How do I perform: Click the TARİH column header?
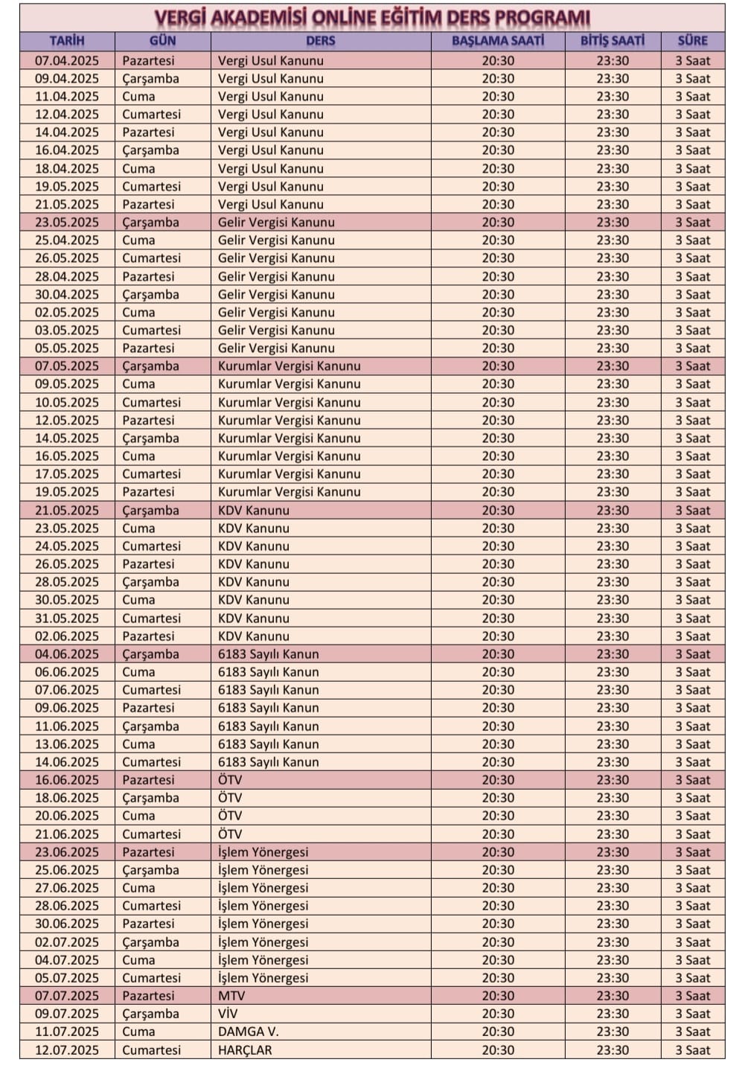[x=67, y=41]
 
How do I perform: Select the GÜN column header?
[x=162, y=41]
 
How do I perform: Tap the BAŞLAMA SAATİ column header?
[x=497, y=41]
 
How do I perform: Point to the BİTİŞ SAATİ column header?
[x=612, y=41]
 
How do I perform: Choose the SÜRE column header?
[x=692, y=41]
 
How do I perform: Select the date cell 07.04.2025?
[x=67, y=60]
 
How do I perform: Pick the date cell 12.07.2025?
[x=67, y=1049]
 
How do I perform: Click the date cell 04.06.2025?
[x=67, y=654]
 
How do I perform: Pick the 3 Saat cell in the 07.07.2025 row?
[x=692, y=996]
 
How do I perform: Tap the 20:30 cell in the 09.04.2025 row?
[x=497, y=79]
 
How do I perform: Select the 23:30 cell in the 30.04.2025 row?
[x=612, y=295]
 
